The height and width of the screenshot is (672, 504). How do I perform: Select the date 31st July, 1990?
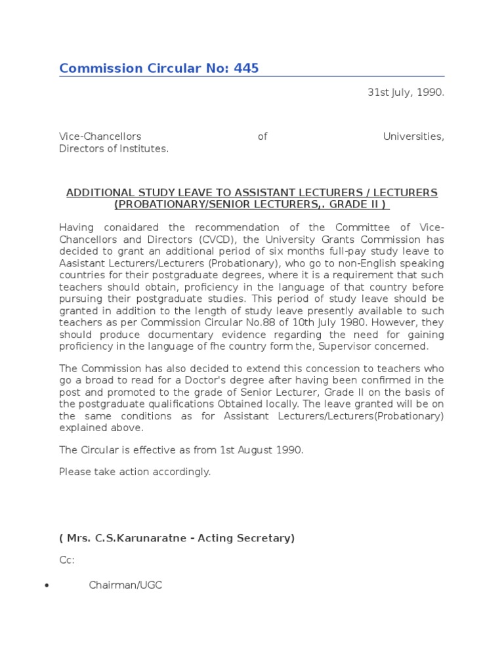(406, 93)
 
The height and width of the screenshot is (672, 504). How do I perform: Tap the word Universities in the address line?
(413, 136)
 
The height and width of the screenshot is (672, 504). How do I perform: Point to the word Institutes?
(144, 148)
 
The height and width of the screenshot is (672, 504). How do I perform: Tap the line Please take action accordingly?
(135, 472)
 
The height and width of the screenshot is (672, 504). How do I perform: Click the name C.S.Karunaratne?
(133, 538)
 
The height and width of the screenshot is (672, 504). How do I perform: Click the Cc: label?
(67, 560)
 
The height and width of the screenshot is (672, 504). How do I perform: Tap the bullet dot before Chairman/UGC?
(46, 585)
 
